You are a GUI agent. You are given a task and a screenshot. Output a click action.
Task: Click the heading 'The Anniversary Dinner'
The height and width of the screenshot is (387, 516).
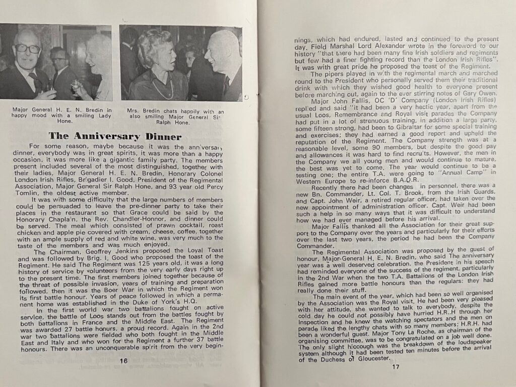pyautogui.click(x=114, y=136)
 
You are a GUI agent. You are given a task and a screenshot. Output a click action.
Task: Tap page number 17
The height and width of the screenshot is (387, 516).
pyautogui.click(x=395, y=366)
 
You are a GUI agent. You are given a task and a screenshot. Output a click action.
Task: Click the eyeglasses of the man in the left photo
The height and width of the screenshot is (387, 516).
pyautogui.click(x=28, y=49)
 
